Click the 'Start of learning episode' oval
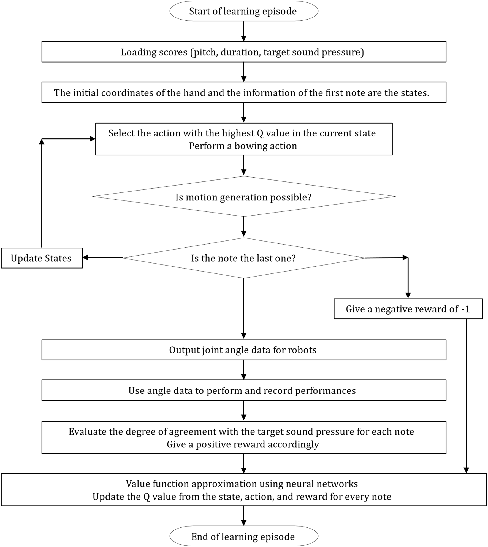tap(244, 11)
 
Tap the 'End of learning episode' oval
tap(244, 536)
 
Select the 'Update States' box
tap(42, 258)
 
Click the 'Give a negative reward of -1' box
tap(408, 309)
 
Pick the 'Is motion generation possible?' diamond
tap(244, 197)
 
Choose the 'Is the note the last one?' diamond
tap(244, 258)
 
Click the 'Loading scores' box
tap(244, 52)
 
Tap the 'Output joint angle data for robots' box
tap(244, 350)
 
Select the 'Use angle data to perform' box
tap(244, 390)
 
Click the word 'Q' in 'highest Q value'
tap(260, 133)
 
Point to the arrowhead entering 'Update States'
tap(85, 258)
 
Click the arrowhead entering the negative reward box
tap(408, 295)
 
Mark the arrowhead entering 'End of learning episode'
tap(244, 522)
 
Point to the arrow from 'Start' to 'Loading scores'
tap(244, 31)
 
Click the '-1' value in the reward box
tap(465, 309)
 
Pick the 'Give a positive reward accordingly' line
tap(243, 444)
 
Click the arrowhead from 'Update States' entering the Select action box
tap(93, 139)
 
